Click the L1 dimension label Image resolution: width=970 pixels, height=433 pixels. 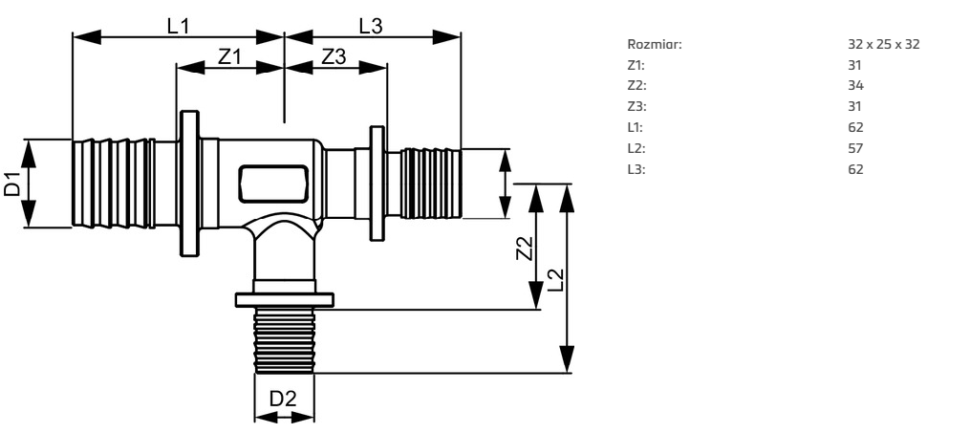[179, 26]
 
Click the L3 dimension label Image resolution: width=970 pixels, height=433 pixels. [371, 26]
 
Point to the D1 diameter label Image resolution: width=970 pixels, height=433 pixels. [12, 184]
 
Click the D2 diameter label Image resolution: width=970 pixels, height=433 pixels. [284, 399]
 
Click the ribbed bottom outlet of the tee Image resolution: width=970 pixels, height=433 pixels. [284, 340]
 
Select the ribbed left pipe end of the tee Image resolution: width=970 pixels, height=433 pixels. [114, 184]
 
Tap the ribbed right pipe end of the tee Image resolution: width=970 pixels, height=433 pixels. [430, 184]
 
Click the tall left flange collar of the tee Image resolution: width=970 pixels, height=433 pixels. [187, 184]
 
